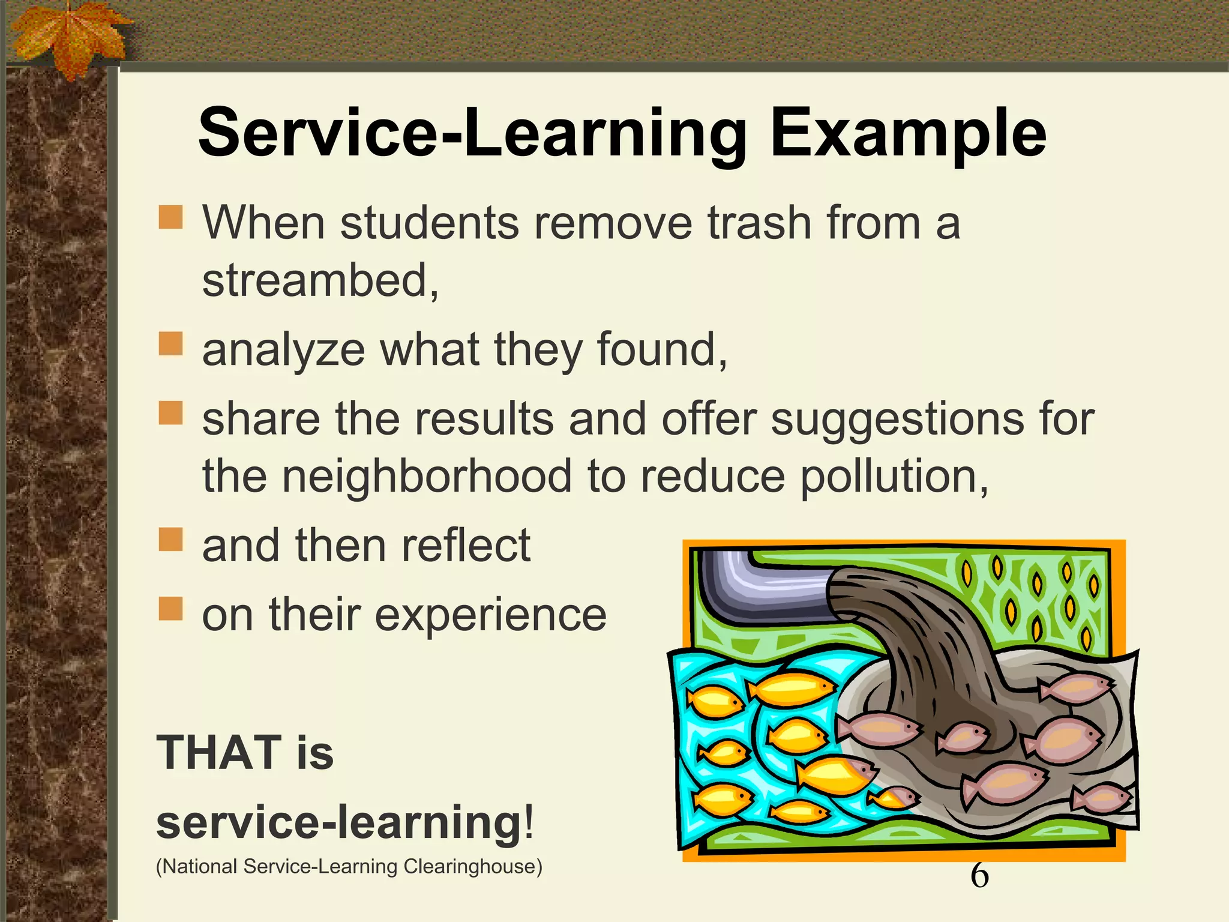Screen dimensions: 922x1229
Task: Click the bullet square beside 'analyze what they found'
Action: pyautogui.click(x=170, y=344)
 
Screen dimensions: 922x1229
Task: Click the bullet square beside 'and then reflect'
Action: pyautogui.click(x=170, y=539)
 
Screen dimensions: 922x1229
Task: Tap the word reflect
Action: pyautogui.click(x=466, y=546)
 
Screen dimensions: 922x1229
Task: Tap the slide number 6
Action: pyautogui.click(x=979, y=875)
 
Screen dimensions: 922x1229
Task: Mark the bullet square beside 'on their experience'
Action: pyautogui.click(x=170, y=608)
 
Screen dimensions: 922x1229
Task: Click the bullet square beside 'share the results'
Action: pyautogui.click(x=170, y=412)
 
